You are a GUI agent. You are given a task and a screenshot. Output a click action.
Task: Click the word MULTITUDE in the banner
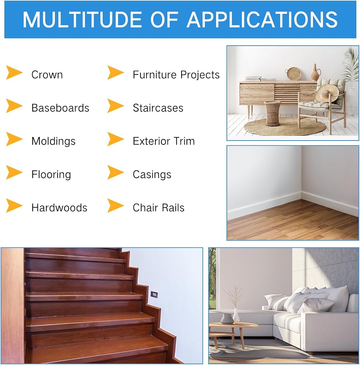tap(82, 20)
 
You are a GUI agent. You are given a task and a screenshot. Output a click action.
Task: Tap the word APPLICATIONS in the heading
tap(262, 20)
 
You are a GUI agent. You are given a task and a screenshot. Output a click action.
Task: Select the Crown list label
tap(47, 75)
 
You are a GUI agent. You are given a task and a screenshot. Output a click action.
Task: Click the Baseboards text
tap(60, 108)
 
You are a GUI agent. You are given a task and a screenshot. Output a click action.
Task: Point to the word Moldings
tap(54, 141)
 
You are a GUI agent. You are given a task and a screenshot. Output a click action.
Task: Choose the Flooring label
tap(51, 174)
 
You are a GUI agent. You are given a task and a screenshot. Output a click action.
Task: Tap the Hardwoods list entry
tap(59, 208)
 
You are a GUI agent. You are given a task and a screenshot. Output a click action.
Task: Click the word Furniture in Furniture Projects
tap(155, 75)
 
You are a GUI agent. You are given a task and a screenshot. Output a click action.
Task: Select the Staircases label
tap(158, 108)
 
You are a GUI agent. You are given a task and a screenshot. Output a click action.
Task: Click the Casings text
tap(152, 174)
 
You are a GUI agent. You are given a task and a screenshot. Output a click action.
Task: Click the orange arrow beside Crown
tap(14, 73)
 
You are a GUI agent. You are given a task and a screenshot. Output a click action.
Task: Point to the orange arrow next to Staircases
tap(115, 106)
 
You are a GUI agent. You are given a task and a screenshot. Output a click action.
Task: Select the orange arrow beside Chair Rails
tap(115, 205)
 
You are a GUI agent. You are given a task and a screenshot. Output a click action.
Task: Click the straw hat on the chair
tap(327, 93)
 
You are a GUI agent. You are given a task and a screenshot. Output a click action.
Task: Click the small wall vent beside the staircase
tap(154, 295)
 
